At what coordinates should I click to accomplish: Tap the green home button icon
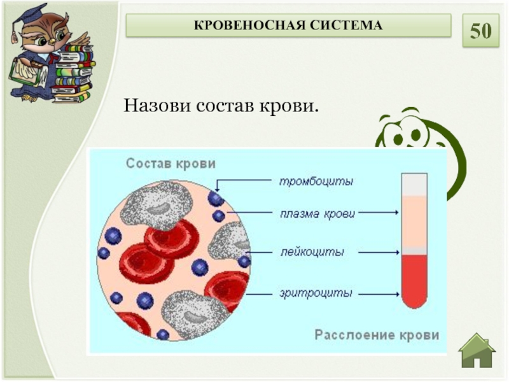tap(477, 351)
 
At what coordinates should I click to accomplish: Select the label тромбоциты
tap(316, 181)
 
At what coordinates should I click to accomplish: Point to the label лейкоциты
tap(312, 252)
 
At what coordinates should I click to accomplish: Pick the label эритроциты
tap(316, 294)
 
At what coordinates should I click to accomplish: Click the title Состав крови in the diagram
tap(171, 164)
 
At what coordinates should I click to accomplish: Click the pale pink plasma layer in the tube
tap(414, 220)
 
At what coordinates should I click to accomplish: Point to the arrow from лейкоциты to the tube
tap(378, 253)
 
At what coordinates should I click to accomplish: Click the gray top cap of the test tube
tap(414, 184)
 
